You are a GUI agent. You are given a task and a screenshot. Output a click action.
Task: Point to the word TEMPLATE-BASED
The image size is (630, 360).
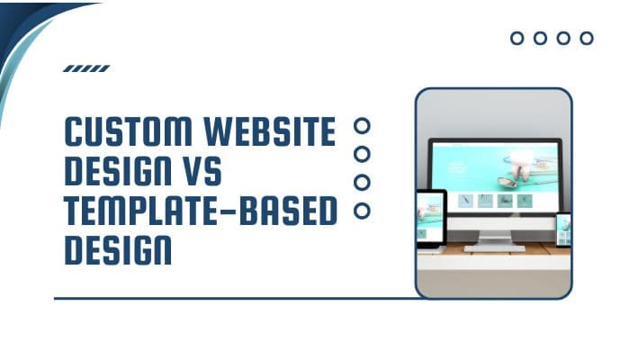(x=200, y=210)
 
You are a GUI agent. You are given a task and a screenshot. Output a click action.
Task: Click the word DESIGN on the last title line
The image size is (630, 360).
(x=118, y=248)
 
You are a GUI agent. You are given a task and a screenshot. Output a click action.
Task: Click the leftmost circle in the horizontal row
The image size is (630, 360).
(x=517, y=38)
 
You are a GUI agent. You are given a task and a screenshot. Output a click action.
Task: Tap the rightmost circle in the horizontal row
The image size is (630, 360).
(x=587, y=38)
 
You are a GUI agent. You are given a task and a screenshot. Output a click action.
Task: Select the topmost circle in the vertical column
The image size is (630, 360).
(x=363, y=125)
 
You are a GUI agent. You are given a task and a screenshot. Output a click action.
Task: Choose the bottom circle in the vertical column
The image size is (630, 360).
(x=363, y=211)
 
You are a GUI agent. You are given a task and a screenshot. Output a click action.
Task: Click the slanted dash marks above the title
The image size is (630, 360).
(x=86, y=68)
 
